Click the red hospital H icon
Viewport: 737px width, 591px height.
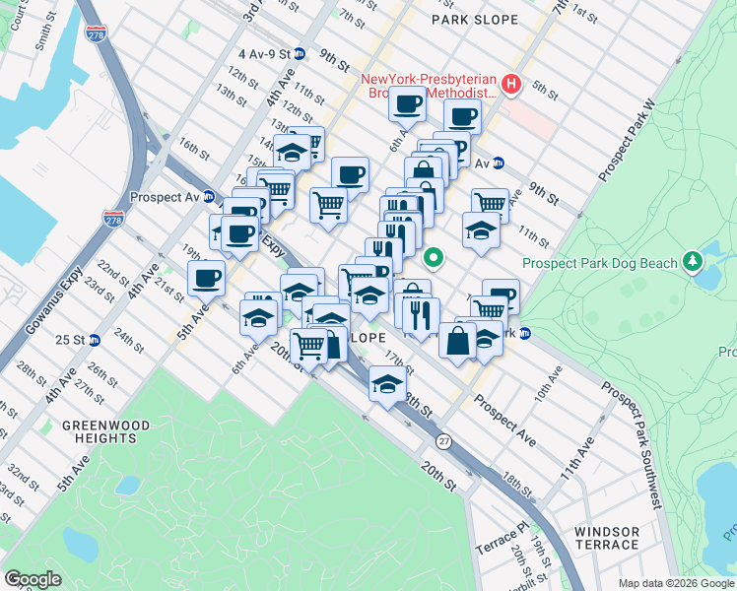click(511, 84)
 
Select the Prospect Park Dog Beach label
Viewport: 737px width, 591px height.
click(600, 263)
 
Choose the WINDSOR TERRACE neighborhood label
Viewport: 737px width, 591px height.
click(607, 538)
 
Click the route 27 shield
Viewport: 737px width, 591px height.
click(445, 442)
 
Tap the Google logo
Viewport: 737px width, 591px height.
click(33, 579)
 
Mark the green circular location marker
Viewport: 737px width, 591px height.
click(433, 259)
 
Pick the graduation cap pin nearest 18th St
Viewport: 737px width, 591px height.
click(387, 381)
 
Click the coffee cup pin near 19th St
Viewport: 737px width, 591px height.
click(207, 278)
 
